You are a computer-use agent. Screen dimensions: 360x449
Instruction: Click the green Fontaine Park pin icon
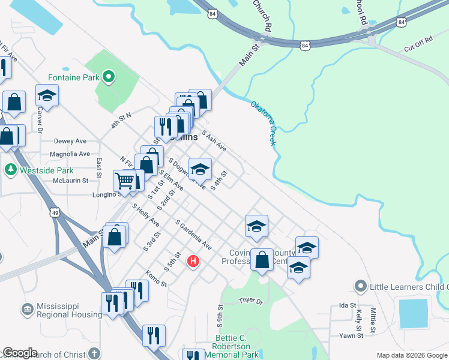(x=109, y=76)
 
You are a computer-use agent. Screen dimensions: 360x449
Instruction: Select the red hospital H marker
(x=193, y=261)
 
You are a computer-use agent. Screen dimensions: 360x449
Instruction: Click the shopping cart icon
(x=125, y=180)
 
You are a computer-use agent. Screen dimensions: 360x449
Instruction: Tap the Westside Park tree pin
(x=10, y=170)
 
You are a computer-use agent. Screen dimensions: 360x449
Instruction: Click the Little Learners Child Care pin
(x=360, y=286)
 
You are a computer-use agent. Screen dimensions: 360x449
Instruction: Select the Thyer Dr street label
(x=251, y=301)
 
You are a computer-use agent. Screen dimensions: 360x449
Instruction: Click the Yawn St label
(x=351, y=335)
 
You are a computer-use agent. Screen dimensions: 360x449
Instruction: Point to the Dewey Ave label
(x=70, y=141)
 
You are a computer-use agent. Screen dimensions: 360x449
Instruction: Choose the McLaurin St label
(x=70, y=180)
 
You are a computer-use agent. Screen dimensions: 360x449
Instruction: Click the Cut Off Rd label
(x=418, y=43)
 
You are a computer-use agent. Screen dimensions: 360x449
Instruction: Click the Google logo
(x=19, y=353)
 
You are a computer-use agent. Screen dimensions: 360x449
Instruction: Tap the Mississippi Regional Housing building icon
(x=28, y=310)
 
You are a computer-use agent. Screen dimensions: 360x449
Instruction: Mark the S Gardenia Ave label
(x=193, y=235)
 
